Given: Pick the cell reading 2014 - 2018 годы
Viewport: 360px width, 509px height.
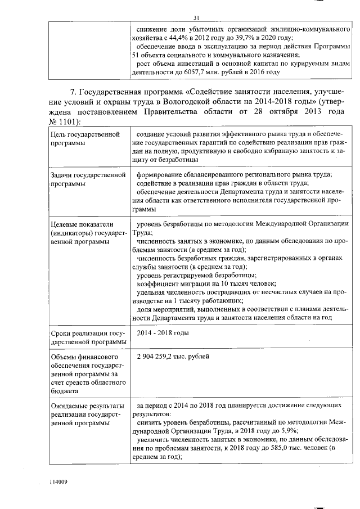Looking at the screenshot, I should [163, 333].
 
